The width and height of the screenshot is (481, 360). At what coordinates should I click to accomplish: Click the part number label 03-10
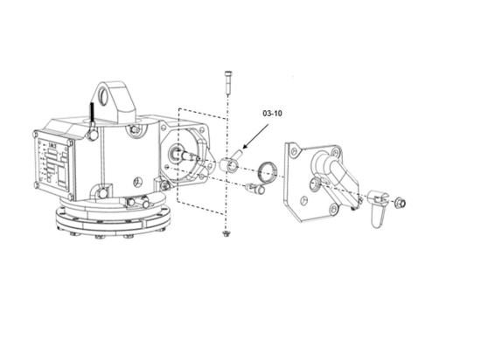(273, 114)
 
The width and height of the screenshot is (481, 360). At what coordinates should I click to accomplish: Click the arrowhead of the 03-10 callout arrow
(247, 149)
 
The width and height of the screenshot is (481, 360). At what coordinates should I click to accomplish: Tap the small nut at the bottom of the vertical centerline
(227, 233)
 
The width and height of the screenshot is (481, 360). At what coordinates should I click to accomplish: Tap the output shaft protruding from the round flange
(185, 156)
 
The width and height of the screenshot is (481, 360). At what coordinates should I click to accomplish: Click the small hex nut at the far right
(399, 203)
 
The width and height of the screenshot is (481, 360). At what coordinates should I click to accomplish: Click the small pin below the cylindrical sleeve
(253, 187)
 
